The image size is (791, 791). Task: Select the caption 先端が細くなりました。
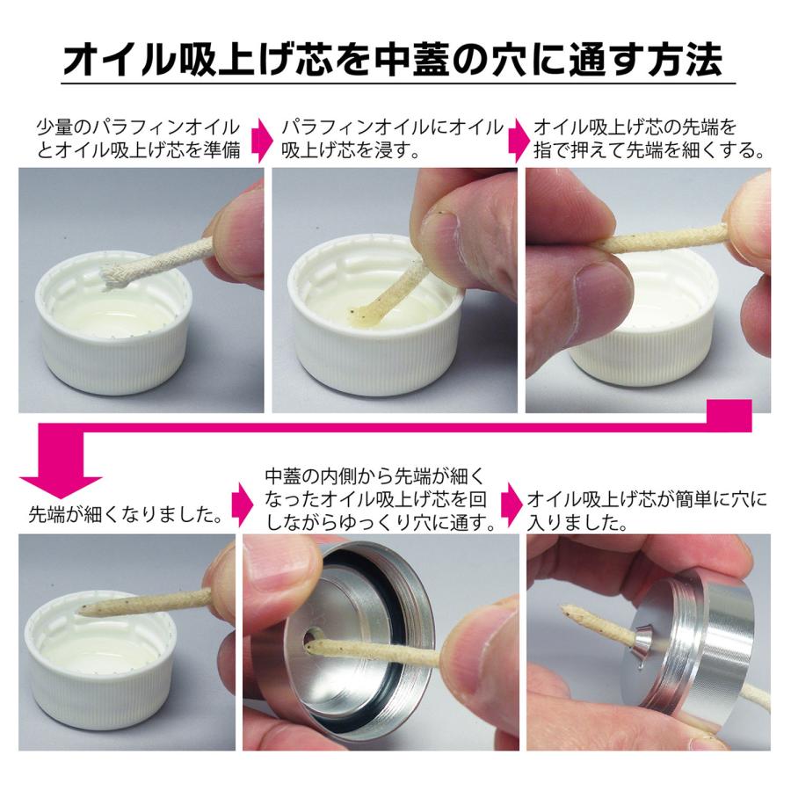(126, 514)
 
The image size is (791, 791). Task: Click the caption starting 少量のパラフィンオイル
(138, 138)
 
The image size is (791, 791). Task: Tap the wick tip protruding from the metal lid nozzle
(567, 611)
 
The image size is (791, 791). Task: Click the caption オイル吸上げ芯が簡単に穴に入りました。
(647, 511)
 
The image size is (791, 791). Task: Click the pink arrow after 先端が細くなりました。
(242, 505)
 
